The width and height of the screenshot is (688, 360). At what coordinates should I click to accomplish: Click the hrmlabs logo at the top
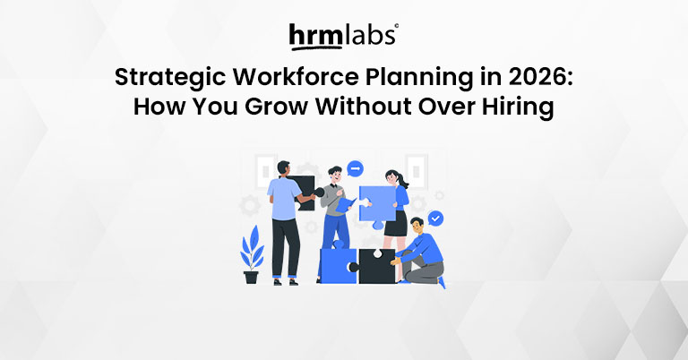(x=343, y=35)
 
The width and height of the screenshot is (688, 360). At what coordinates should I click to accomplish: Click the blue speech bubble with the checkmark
(x=434, y=218)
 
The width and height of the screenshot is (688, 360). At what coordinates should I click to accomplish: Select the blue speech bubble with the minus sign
(x=355, y=168)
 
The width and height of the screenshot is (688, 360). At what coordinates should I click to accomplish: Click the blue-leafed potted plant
(x=251, y=254)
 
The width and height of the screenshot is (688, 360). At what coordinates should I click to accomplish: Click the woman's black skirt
(x=395, y=225)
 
